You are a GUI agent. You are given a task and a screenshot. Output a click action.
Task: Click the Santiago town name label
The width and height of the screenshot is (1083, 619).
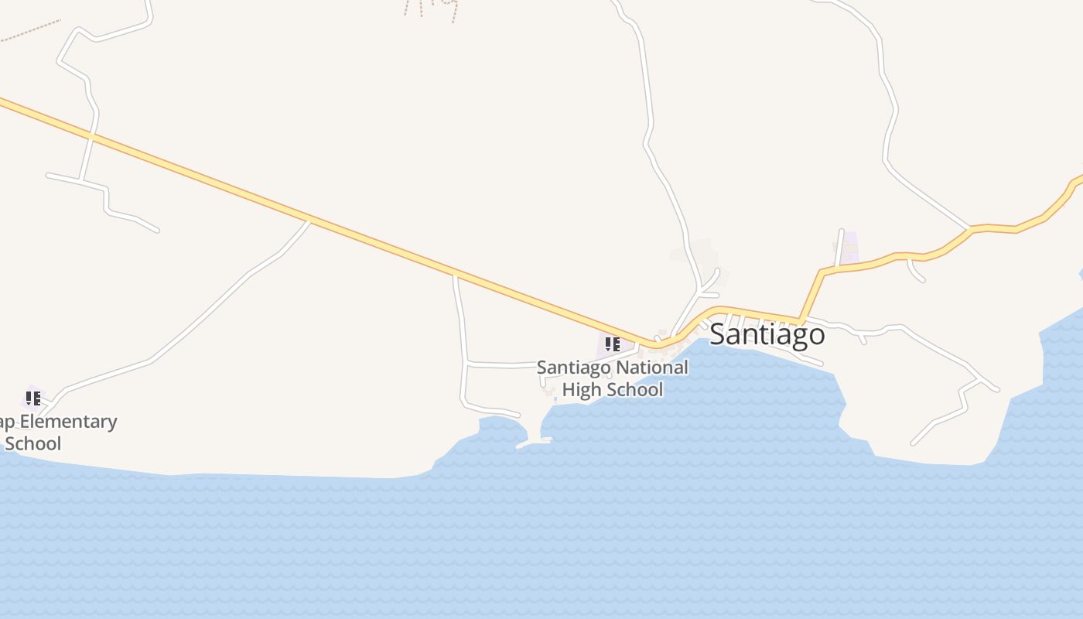767,334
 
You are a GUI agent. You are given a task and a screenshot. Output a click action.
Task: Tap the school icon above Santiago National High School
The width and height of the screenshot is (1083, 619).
612,344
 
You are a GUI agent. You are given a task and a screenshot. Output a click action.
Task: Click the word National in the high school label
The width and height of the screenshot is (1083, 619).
651,368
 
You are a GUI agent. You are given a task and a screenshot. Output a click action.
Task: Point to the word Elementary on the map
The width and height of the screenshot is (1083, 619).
67,422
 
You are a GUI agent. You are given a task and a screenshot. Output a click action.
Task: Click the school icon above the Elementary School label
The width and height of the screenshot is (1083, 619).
32,398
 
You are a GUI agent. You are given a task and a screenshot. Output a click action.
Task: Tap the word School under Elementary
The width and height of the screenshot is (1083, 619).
32,443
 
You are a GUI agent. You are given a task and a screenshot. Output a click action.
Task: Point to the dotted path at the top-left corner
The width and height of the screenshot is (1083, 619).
31,31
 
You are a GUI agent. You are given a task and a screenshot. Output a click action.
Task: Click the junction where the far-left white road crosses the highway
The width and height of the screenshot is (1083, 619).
91,136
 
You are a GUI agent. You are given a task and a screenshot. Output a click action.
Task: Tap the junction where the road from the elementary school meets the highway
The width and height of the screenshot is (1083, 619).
309,222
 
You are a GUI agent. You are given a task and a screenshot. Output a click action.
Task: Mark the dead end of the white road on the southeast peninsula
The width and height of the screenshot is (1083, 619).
914,443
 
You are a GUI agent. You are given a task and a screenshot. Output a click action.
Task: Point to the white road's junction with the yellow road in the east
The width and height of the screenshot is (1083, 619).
969,229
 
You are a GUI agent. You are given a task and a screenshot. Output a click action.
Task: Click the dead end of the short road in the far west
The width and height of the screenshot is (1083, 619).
157,230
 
